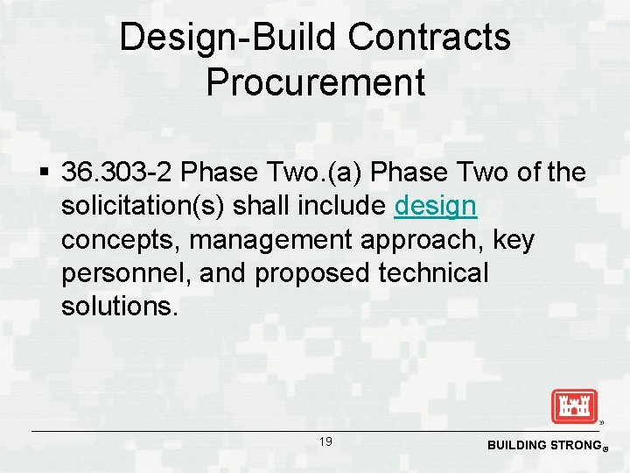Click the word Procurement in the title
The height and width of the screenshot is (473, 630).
(x=315, y=82)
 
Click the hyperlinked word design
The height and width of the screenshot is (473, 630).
(x=436, y=207)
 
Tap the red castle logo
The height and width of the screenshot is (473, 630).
(x=573, y=406)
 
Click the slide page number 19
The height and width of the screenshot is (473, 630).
(x=325, y=442)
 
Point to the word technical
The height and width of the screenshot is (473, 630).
(x=433, y=273)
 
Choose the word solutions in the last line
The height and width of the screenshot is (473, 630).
(x=118, y=307)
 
